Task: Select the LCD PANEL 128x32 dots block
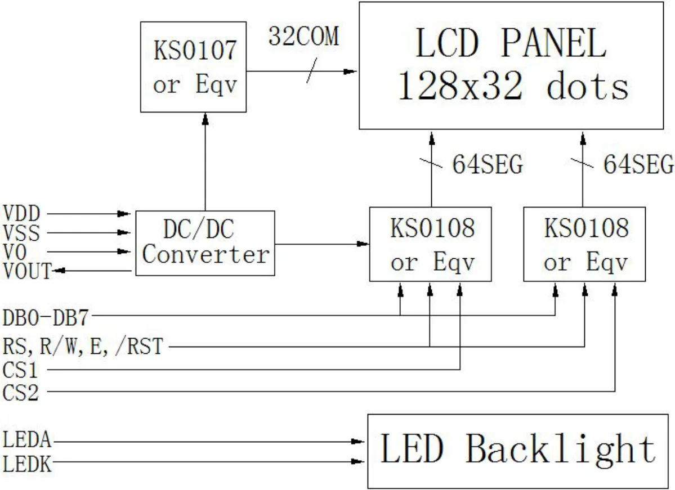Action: (x=512, y=66)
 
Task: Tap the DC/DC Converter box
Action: (x=205, y=243)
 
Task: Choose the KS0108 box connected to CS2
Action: (x=585, y=244)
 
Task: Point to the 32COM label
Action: (x=303, y=37)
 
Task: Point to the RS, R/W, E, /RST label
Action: (x=83, y=347)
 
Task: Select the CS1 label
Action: (x=21, y=370)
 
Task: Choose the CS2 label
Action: (x=21, y=392)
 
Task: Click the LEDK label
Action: (x=26, y=464)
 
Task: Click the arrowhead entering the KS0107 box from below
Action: (x=205, y=118)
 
